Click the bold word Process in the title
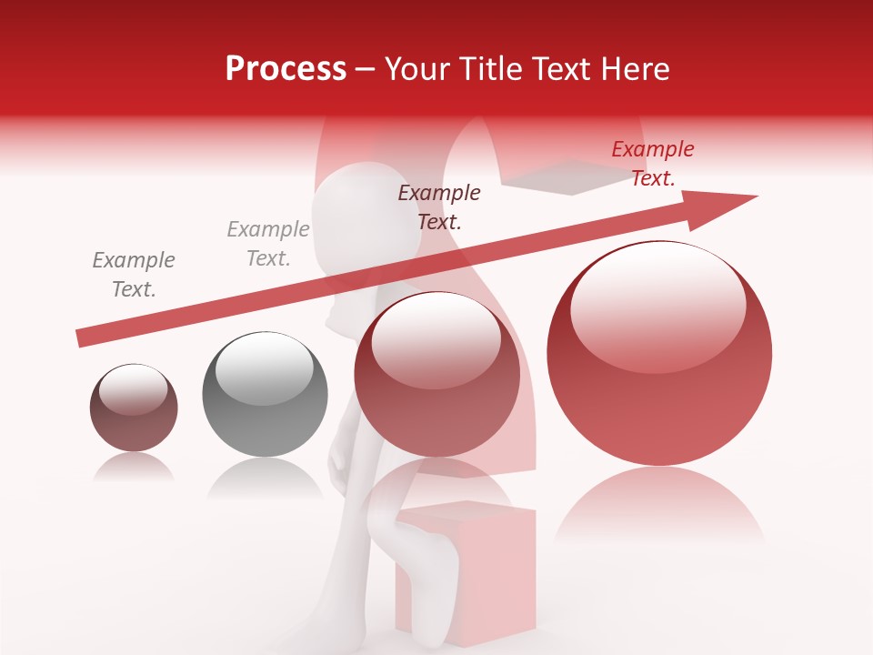(x=286, y=69)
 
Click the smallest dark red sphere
(x=134, y=408)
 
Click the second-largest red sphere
(x=436, y=374)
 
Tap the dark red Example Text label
(x=439, y=207)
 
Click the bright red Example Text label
(x=653, y=164)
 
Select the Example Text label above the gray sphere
(x=268, y=244)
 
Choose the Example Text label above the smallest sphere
(x=134, y=275)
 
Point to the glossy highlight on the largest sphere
(x=657, y=305)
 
